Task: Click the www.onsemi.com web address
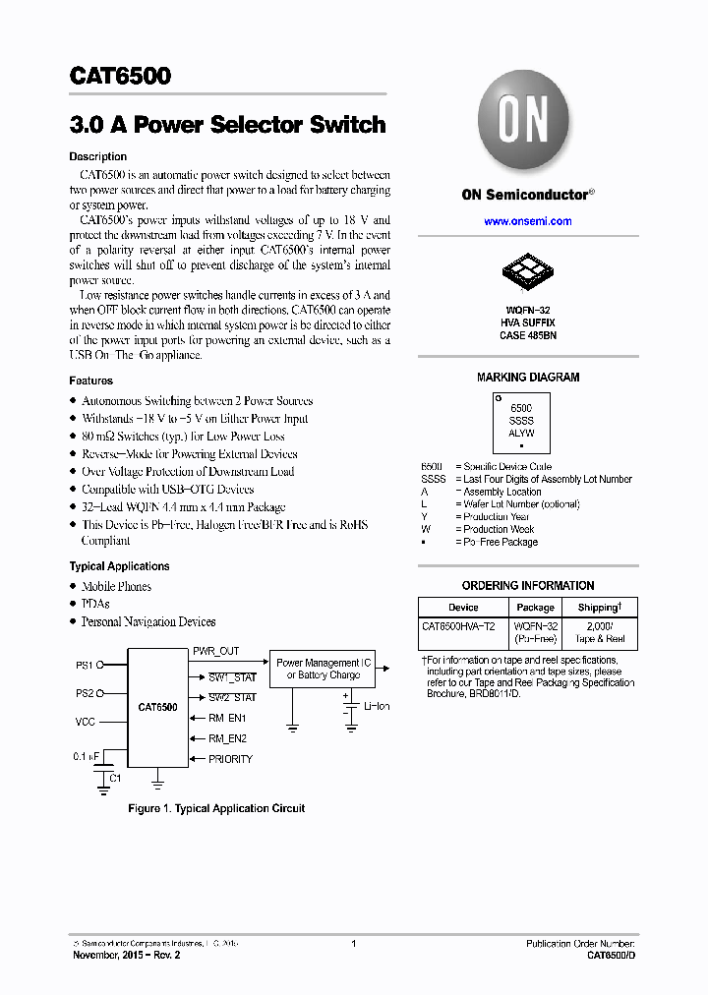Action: (x=527, y=221)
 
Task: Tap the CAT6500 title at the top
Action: (x=120, y=76)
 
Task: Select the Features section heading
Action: (x=90, y=380)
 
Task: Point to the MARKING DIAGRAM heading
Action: (x=528, y=378)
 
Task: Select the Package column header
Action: (x=536, y=608)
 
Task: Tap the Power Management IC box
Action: (x=324, y=669)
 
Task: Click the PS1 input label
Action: (x=85, y=666)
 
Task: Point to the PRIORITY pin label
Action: (x=230, y=759)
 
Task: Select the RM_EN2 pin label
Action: (x=227, y=738)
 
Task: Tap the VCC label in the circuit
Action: (x=86, y=722)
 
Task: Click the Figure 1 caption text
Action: (x=216, y=808)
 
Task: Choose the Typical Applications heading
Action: (x=119, y=566)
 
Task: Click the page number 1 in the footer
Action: (x=353, y=944)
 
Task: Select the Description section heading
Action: (x=97, y=156)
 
